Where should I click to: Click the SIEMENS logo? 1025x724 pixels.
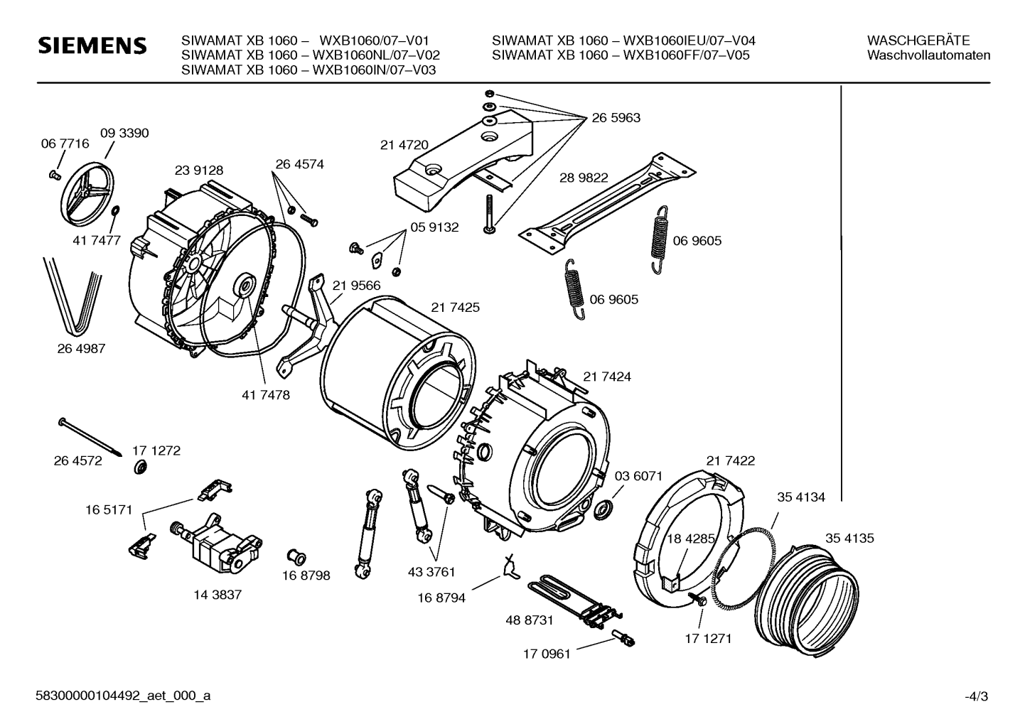point(92,45)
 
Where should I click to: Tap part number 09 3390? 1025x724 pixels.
point(124,133)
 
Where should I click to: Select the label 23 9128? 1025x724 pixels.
point(199,170)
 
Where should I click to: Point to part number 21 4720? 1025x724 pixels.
point(404,145)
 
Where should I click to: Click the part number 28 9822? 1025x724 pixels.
point(584,178)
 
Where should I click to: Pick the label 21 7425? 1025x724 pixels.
point(456,308)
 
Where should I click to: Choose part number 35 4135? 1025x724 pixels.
point(849,539)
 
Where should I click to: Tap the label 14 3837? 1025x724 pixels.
point(218,595)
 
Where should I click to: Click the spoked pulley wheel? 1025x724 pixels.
point(87,193)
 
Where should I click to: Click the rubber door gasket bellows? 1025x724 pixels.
point(806,600)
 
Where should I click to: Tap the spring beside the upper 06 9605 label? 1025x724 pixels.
point(658,239)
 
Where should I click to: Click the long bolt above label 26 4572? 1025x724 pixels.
point(90,437)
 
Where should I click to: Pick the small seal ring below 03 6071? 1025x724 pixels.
point(603,510)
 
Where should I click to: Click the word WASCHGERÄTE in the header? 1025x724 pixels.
point(918,40)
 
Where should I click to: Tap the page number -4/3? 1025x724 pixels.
point(977,697)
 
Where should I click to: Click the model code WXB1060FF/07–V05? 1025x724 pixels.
point(687,55)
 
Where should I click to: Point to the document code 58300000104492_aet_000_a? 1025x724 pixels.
point(123,696)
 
